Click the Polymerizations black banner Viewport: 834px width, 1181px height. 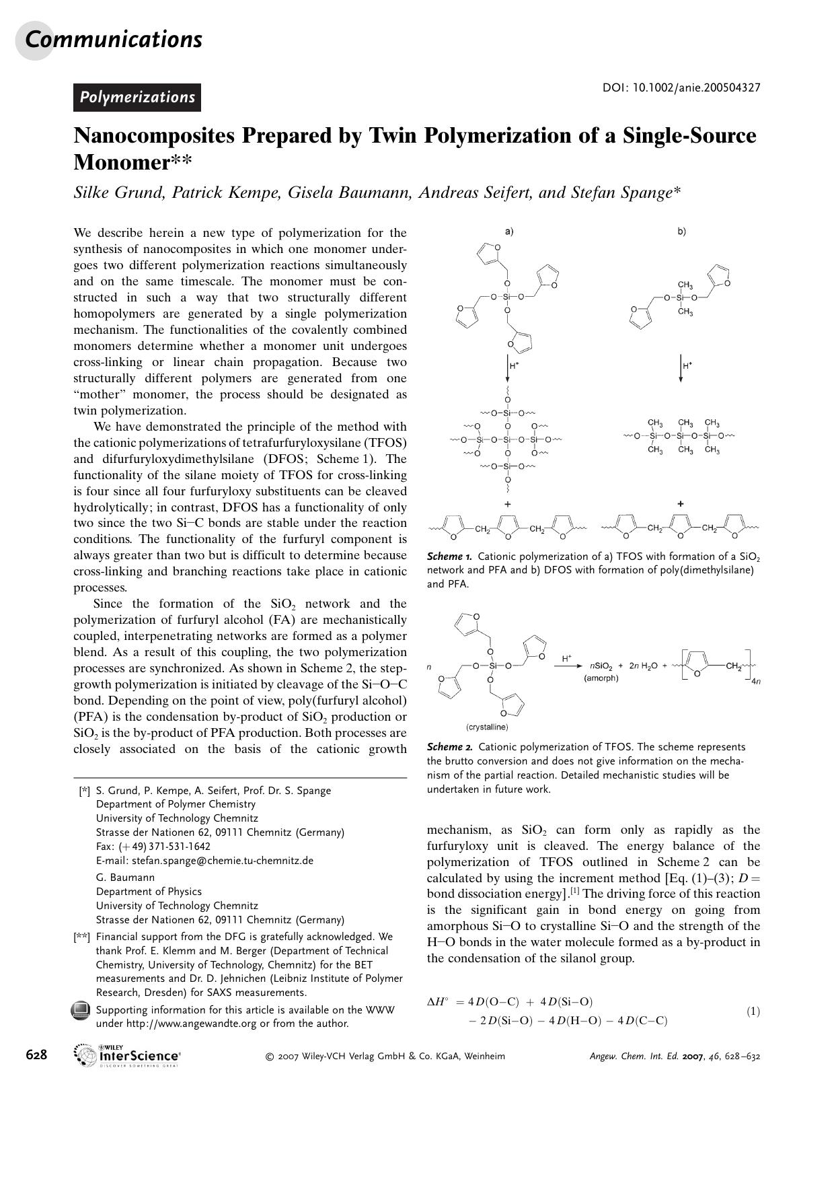[137, 98]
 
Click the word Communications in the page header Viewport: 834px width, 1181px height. [113, 40]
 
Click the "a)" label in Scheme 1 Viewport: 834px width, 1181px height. [509, 231]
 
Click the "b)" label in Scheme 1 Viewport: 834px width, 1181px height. [681, 231]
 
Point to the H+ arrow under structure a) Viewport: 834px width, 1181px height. [508, 368]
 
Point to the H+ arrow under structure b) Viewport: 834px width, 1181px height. [681, 368]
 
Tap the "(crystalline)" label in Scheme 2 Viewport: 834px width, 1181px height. [487, 727]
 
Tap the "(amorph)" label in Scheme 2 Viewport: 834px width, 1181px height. [601, 678]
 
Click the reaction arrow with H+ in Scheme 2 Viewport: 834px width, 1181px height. [567, 664]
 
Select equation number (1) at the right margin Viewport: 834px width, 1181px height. [753, 1011]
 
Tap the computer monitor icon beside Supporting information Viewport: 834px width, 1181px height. [81, 1011]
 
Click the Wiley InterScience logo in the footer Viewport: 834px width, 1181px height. [128, 1055]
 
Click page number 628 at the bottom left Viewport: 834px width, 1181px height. [36, 1055]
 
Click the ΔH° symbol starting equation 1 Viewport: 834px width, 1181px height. [438, 1002]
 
